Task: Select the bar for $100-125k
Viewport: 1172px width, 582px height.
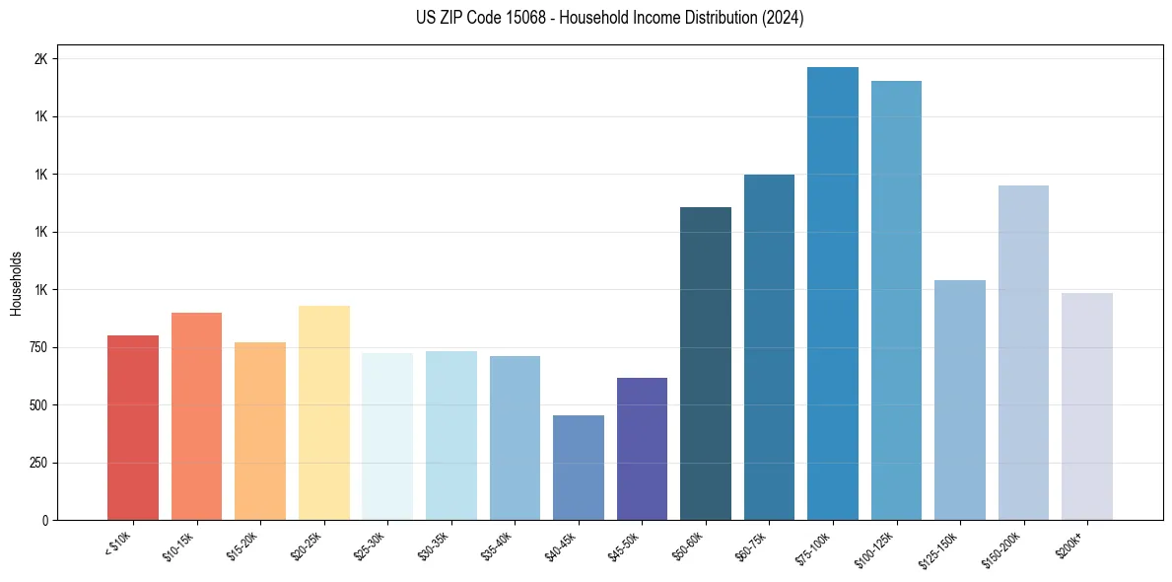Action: tap(896, 300)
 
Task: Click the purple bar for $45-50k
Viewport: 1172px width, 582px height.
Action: tap(642, 448)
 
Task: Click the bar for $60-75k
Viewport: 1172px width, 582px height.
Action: tap(769, 346)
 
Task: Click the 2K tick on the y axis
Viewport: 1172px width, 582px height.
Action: tap(40, 59)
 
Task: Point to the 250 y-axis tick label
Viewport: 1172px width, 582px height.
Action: tap(37, 463)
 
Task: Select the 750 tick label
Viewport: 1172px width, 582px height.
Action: tap(37, 347)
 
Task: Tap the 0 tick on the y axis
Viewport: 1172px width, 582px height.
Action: tap(44, 520)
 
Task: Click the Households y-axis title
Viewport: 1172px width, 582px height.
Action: tap(16, 283)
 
